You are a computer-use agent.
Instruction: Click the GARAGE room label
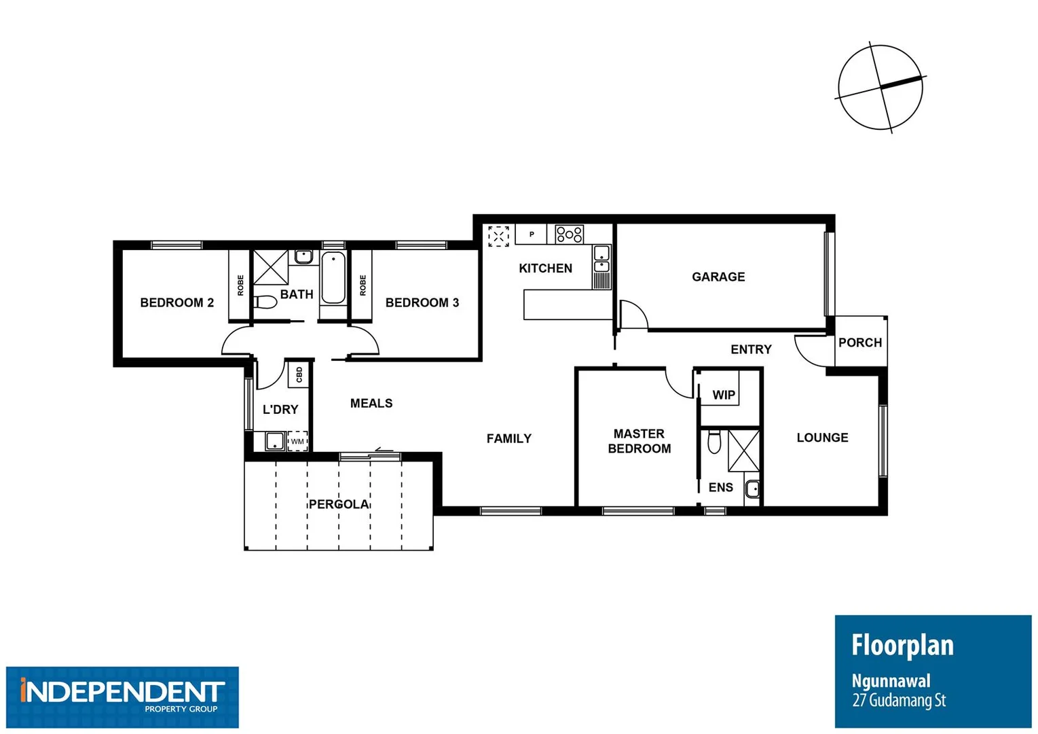tap(718, 277)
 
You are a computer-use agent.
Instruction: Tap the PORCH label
tap(860, 343)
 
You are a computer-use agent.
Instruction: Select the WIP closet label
tap(724, 395)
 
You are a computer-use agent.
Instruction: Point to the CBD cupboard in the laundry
tap(299, 374)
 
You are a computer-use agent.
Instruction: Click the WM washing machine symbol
tap(297, 441)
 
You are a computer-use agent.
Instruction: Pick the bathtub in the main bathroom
tap(333, 277)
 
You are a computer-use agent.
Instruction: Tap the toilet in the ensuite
tap(714, 442)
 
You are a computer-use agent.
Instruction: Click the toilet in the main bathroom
tap(264, 301)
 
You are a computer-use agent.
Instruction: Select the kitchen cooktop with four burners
tap(569, 234)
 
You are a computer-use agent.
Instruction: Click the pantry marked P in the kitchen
tap(532, 234)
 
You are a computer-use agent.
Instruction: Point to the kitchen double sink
tap(601, 260)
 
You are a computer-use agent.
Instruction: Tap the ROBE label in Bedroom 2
tap(240, 285)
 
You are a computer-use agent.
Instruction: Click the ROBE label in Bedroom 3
tap(363, 285)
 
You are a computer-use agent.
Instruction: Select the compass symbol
tap(881, 87)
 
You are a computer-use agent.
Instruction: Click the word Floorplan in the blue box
tap(902, 645)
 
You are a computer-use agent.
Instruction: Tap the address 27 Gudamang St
tap(899, 701)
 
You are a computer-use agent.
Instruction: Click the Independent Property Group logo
tap(122, 697)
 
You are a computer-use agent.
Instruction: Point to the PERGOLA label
tap(339, 504)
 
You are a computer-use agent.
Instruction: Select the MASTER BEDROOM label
tap(639, 441)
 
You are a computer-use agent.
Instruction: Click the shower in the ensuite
tap(743, 450)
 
